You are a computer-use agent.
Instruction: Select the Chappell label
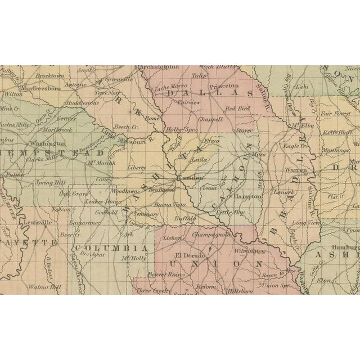point(210,119)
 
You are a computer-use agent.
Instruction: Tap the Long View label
point(307,223)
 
